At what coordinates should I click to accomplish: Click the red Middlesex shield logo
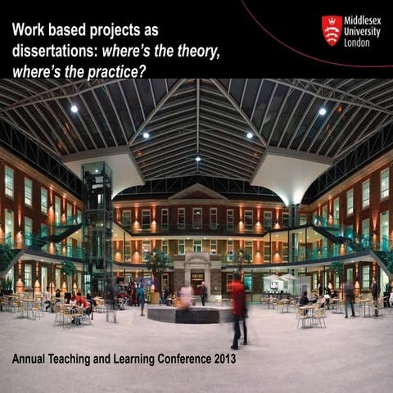[x=332, y=30]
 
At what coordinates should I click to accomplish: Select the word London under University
[x=357, y=42]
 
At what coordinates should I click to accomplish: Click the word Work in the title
[x=29, y=30]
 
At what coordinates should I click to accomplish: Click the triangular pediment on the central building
[x=196, y=194]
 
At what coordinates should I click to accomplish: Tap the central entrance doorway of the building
[x=197, y=280]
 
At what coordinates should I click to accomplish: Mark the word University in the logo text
[x=362, y=31]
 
